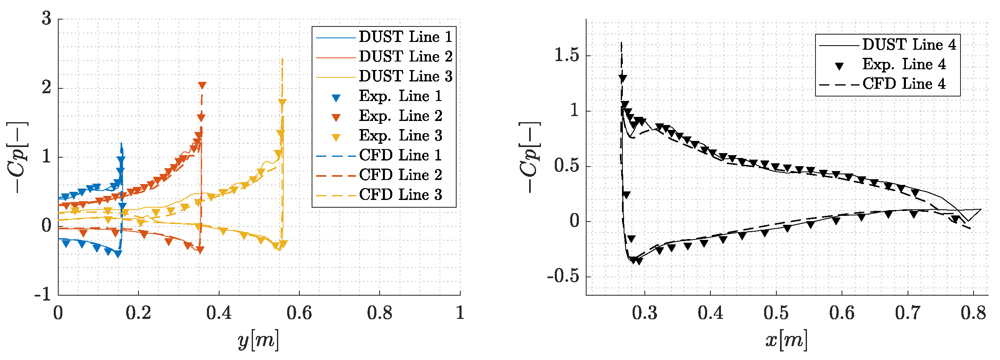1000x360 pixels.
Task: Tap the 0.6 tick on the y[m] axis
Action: pos(299,313)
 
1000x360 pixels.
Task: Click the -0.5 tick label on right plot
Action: pos(563,276)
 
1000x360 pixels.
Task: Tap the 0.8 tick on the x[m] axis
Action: pos(973,313)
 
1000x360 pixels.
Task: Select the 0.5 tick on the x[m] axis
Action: pos(776,313)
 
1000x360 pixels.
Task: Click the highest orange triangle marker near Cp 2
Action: pos(202,85)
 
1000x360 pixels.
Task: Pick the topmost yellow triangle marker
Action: pos(282,102)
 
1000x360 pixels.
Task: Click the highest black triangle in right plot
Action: pos(622,79)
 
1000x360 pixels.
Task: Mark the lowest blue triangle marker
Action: pos(118,254)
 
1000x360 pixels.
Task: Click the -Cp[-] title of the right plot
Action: pos(530,157)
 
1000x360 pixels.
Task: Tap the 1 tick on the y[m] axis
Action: pos(460,313)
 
